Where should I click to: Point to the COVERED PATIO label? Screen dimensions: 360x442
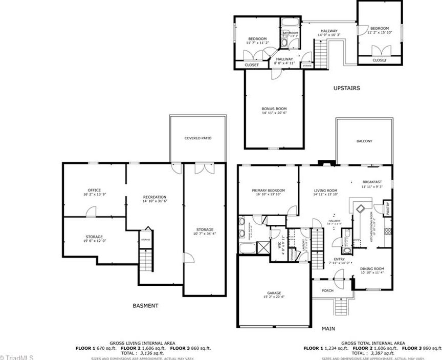197,138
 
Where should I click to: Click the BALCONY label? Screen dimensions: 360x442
364,141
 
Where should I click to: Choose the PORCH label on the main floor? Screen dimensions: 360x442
327,290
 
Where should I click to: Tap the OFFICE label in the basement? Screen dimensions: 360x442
94,190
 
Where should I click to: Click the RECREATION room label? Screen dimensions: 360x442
154,197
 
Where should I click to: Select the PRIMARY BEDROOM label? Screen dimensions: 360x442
268,190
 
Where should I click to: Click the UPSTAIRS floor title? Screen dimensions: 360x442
346,88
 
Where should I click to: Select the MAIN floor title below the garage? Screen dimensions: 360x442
328,328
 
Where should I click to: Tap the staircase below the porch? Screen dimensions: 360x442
341,308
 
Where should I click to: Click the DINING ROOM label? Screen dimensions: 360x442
372,268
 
